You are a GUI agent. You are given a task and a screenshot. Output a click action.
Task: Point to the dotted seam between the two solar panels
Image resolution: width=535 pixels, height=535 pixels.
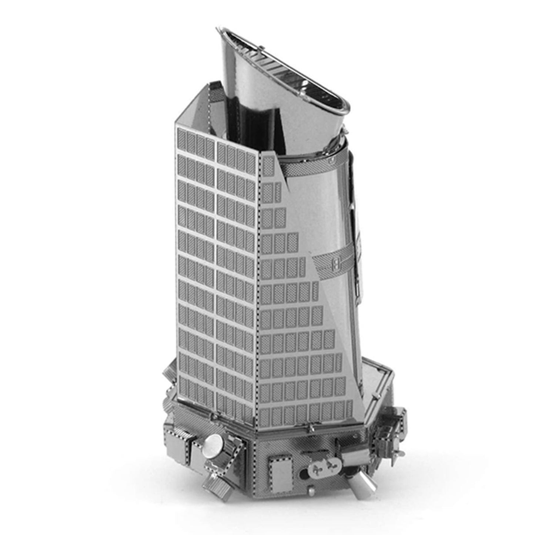pos(259,289)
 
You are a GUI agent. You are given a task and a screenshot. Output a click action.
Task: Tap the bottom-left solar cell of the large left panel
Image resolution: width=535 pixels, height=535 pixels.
pos(183,389)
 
